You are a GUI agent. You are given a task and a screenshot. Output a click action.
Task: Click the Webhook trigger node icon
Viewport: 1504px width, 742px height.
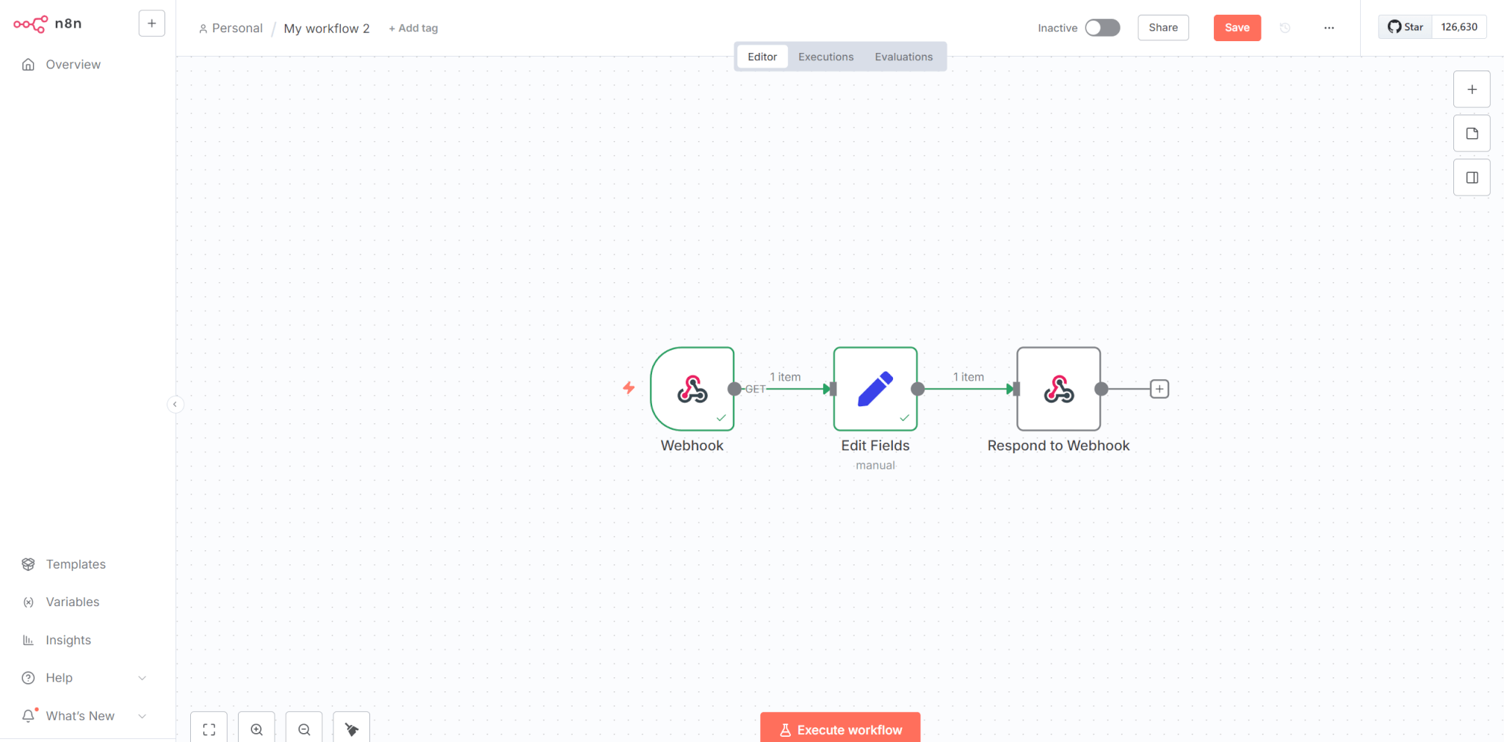(x=692, y=389)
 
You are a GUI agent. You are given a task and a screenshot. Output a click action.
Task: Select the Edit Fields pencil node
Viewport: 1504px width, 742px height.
(x=875, y=389)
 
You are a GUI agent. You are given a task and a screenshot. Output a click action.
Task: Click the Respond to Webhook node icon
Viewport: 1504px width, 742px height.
(x=1058, y=389)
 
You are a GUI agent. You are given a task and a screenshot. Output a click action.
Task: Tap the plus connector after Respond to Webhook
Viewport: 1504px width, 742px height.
(x=1159, y=389)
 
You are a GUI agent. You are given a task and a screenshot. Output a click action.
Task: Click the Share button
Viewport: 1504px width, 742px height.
(x=1163, y=28)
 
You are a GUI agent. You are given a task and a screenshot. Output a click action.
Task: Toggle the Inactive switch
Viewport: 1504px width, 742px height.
(x=1102, y=28)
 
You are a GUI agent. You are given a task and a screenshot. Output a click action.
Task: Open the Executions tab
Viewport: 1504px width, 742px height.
(x=825, y=57)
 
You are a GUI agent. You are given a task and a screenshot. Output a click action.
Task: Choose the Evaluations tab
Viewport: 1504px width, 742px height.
(x=903, y=57)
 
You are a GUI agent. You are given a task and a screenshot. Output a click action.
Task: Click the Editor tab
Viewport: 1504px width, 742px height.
(x=762, y=57)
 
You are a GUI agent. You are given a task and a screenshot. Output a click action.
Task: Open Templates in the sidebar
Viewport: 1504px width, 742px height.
(x=76, y=564)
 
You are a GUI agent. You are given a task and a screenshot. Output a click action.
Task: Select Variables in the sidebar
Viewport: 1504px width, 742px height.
(x=72, y=602)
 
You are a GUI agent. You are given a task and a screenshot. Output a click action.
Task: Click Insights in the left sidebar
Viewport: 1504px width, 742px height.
(x=68, y=640)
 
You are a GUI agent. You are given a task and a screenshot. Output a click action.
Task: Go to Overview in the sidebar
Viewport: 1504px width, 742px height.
(x=73, y=65)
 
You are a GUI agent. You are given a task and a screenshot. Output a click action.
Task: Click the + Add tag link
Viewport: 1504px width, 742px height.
(x=413, y=28)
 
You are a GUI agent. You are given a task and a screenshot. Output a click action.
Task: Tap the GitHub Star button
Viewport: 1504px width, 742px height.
(x=1405, y=27)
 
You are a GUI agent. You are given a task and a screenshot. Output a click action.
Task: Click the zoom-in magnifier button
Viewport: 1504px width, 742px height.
(x=256, y=729)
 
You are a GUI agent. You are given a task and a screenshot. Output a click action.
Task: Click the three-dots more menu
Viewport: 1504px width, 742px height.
(x=1329, y=28)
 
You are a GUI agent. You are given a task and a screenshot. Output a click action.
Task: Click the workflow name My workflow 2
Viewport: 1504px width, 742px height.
(x=327, y=29)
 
